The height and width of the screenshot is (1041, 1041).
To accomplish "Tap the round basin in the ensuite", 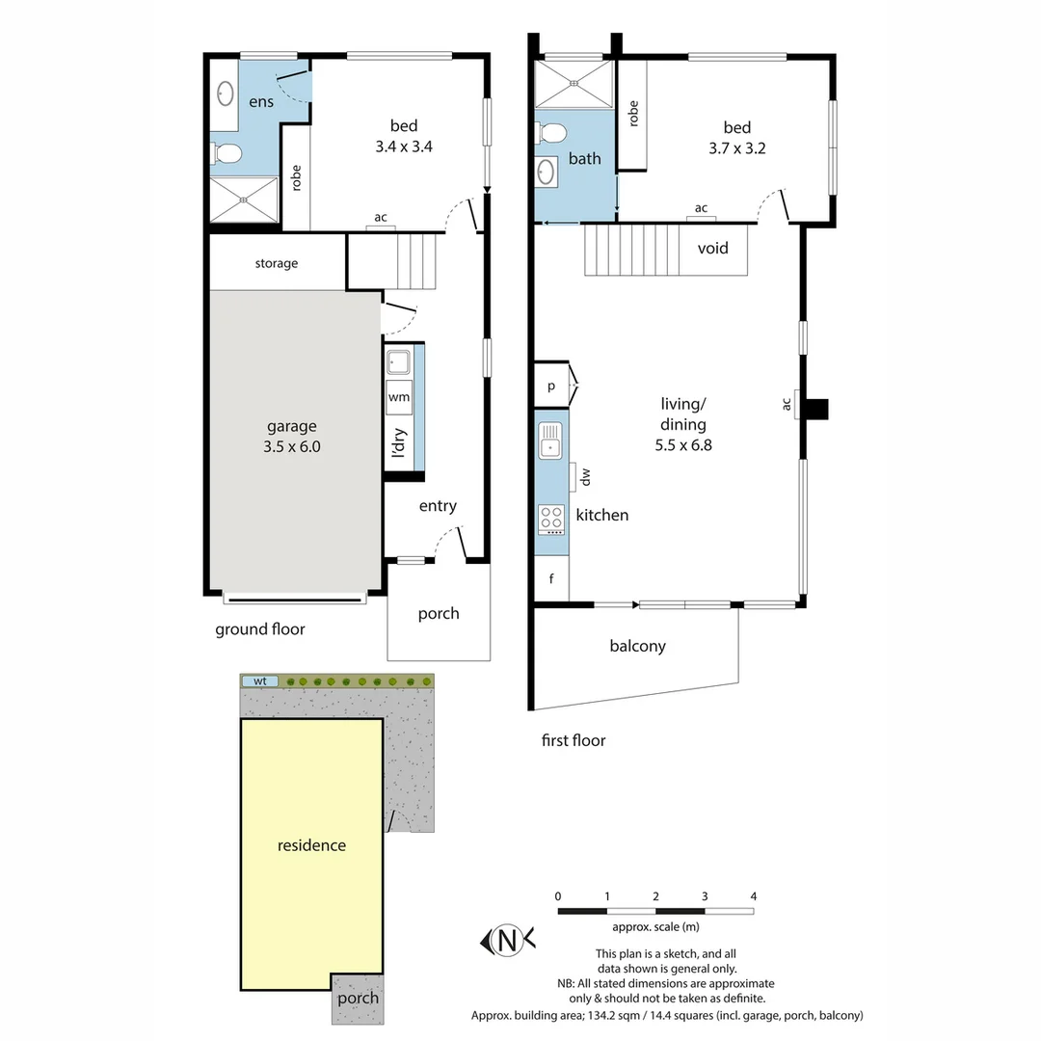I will [x=226, y=93].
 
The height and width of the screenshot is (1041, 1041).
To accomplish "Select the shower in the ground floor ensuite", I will [x=245, y=200].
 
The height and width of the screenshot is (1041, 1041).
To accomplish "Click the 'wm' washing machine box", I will [x=399, y=397].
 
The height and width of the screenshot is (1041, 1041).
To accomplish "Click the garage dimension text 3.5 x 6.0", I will [x=290, y=446].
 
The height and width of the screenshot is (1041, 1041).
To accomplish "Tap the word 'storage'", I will [x=277, y=263].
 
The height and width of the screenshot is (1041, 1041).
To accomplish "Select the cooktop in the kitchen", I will [x=551, y=519].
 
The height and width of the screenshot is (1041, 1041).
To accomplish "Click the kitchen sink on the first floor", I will [x=550, y=440].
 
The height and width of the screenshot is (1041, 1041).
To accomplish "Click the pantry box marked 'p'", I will [x=551, y=386].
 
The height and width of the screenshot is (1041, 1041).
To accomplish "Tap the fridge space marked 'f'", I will [x=551, y=579].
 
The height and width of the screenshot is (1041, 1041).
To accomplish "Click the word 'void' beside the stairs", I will [x=713, y=248].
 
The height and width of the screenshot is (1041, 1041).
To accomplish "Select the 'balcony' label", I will [x=637, y=646].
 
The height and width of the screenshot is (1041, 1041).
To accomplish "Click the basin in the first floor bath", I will [x=546, y=173].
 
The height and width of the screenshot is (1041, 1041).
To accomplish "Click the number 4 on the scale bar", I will [x=753, y=896].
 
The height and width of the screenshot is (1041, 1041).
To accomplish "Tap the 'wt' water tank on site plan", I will [x=259, y=681].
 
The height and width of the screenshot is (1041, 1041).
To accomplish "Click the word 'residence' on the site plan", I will [x=311, y=845].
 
